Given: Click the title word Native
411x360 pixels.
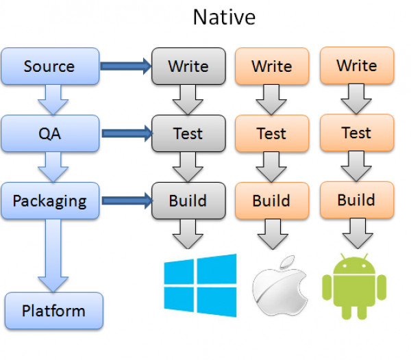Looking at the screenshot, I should (x=224, y=16).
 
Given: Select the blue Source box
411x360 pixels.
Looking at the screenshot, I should (x=49, y=66).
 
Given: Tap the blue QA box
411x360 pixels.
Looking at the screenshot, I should (x=49, y=133).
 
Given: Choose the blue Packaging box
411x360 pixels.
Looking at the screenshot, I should (x=49, y=201).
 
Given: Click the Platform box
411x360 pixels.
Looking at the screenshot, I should (x=53, y=311).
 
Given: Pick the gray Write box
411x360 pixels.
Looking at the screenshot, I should (x=188, y=66).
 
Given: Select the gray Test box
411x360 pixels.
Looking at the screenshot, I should (x=188, y=133).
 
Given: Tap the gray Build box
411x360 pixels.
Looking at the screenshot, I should (x=188, y=201).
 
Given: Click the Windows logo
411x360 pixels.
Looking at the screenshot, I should (x=200, y=284).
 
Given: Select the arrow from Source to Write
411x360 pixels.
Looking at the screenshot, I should (x=125, y=66).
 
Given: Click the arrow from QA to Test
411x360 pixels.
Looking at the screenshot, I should (x=125, y=133).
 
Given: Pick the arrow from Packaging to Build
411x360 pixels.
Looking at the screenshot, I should (x=125, y=201).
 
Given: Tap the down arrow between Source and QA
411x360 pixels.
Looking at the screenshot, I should (x=53, y=99).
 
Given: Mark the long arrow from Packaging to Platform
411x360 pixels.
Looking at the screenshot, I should (x=53, y=253).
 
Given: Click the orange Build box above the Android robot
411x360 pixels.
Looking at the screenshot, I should (x=356, y=200).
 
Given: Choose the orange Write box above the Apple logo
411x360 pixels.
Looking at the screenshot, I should (x=271, y=66).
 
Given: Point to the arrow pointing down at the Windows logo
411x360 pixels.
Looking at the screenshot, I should (x=188, y=235).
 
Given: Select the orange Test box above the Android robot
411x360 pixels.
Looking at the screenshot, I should (x=356, y=132).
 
